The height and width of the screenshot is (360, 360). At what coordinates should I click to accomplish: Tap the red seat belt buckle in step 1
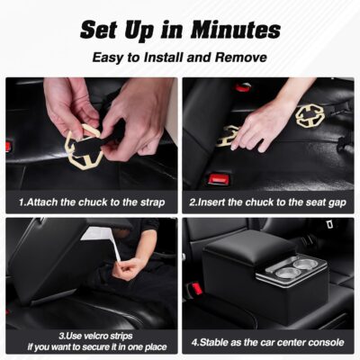(9, 146)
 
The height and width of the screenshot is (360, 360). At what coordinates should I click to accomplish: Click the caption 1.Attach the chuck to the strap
(92, 202)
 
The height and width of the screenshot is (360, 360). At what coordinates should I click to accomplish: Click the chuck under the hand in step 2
(229, 136)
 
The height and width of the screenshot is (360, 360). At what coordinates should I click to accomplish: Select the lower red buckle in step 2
(218, 178)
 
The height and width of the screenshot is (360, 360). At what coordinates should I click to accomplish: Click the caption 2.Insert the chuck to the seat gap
(268, 202)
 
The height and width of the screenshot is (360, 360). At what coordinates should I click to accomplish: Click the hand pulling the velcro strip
(130, 267)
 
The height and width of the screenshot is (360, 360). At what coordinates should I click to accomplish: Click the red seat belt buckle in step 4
(194, 289)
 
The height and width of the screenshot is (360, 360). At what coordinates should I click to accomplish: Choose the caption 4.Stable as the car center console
(268, 342)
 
